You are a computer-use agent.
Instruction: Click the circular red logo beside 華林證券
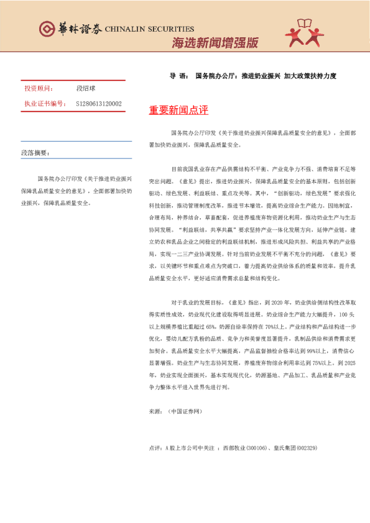[47, 29]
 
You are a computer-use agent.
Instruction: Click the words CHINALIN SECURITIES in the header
[149, 29]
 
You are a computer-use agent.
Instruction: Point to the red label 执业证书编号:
[44, 104]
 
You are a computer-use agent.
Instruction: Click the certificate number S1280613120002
[99, 104]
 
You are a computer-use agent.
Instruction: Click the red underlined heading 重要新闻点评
[178, 111]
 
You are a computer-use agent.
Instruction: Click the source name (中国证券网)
[185, 411]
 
